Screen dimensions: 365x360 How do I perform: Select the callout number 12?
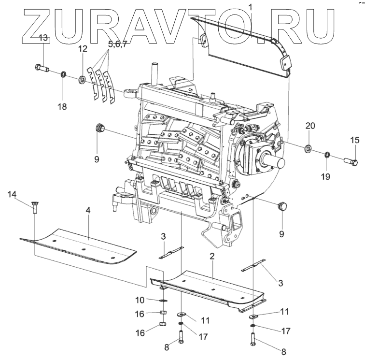pyautogui.click(x=83, y=49)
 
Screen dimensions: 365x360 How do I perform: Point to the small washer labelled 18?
pyautogui.click(x=63, y=75)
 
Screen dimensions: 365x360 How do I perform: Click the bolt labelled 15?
pyautogui.click(x=351, y=161)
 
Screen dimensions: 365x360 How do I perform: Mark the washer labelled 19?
pyautogui.click(x=327, y=155)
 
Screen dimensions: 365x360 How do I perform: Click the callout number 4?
pyautogui.click(x=88, y=211)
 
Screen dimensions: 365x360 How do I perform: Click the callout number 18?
pyautogui.click(x=63, y=106)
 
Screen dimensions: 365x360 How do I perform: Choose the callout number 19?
pyautogui.click(x=325, y=177)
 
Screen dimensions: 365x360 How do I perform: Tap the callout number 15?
pyautogui.click(x=355, y=140)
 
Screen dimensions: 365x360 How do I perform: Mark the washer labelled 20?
pyautogui.click(x=308, y=147)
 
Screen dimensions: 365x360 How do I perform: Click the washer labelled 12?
pyautogui.click(x=82, y=79)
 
